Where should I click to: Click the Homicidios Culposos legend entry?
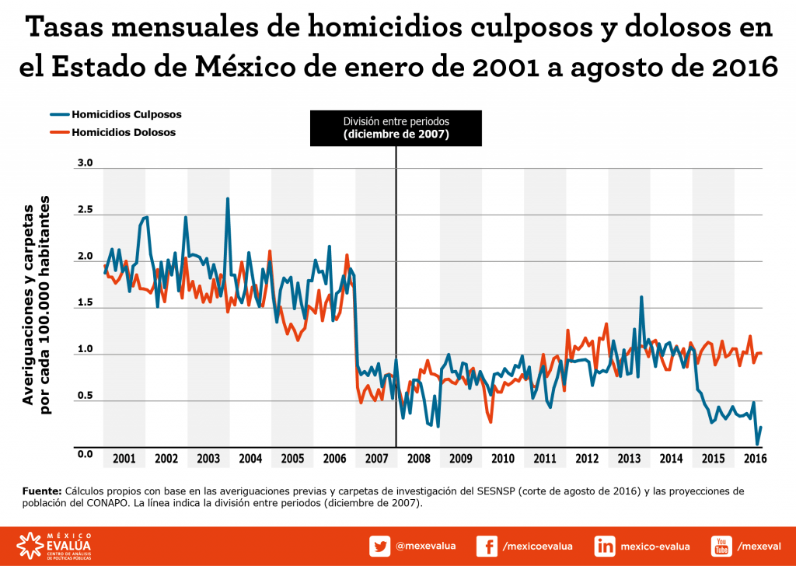tap(124, 114)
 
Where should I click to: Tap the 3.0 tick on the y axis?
tap(85, 164)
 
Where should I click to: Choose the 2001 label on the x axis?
tap(124, 458)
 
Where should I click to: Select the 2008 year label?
tap(418, 458)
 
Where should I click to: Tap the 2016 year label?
tap(755, 458)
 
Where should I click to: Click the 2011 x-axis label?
tap(544, 458)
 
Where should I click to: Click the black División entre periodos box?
tap(396, 128)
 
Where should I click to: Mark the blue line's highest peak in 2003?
tap(228, 199)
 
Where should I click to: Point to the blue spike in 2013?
tap(641, 297)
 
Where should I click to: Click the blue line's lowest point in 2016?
tap(758, 444)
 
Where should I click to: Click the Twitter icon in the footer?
tap(379, 547)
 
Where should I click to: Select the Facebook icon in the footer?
tap(487, 547)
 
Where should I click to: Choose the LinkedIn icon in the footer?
tap(605, 547)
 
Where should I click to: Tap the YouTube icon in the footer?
tap(721, 547)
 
